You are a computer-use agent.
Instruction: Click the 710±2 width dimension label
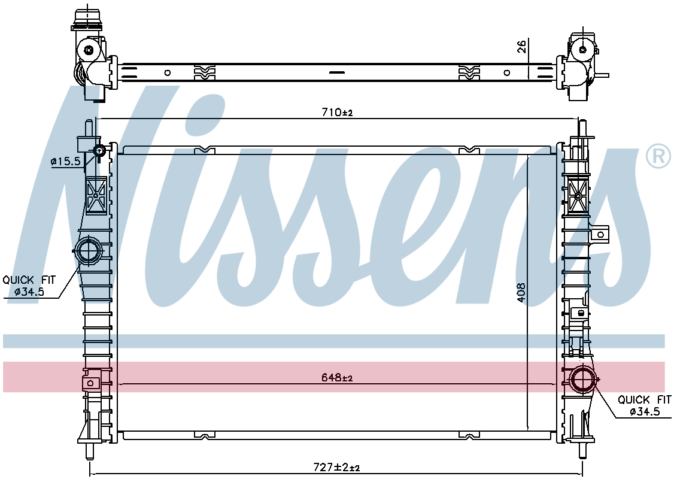(337, 113)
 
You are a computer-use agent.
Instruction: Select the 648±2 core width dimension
(337, 378)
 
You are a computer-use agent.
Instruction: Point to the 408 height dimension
(521, 292)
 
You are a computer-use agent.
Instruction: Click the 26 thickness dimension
(521, 46)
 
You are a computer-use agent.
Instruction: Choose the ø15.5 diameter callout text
(65, 162)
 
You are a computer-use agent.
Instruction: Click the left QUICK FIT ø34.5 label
(29, 286)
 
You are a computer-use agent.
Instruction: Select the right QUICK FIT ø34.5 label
(644, 405)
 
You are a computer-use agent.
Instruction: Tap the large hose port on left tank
(89, 250)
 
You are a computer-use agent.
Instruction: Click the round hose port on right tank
(583, 379)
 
